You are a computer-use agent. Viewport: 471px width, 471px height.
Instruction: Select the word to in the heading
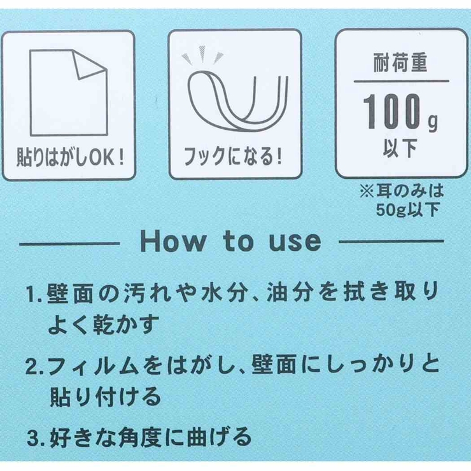(x=230, y=242)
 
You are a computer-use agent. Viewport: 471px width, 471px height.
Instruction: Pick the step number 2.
(x=33, y=368)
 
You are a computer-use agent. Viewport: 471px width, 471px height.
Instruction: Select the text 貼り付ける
(x=105, y=398)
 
